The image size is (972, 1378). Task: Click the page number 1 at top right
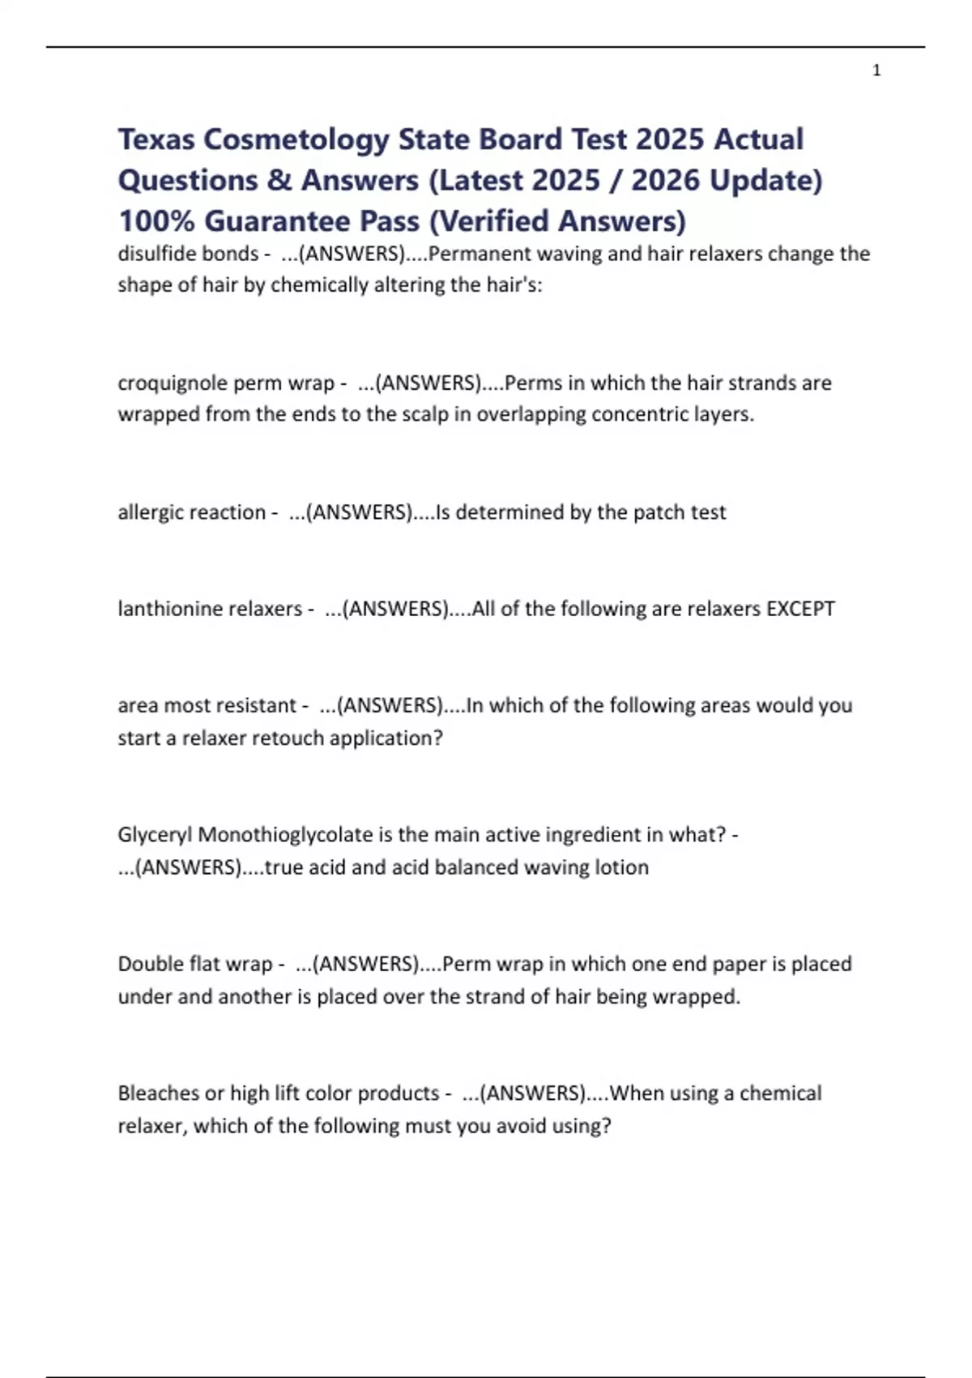876,71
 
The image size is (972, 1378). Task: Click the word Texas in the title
156,139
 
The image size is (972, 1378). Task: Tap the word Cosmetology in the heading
296,139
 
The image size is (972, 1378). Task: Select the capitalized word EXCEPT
800,609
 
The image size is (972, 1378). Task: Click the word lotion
622,867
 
